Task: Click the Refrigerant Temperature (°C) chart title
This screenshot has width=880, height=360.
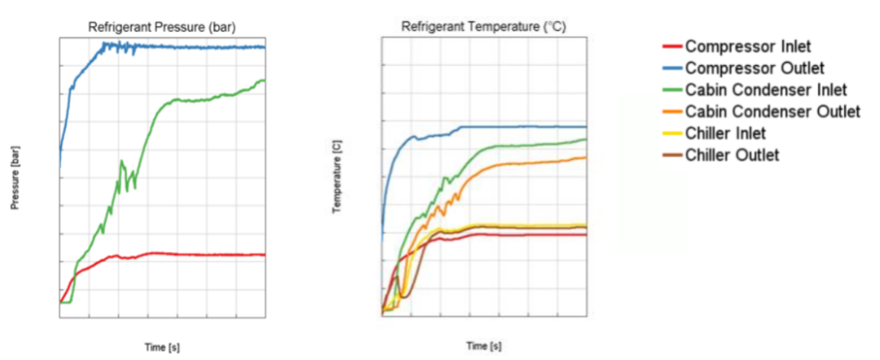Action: click(x=483, y=27)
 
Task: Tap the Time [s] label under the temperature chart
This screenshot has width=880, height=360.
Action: click(x=483, y=346)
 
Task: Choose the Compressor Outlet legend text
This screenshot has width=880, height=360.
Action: click(x=755, y=67)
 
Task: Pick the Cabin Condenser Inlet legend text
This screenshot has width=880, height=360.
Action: click(x=766, y=89)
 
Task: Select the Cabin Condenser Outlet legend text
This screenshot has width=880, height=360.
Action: click(x=772, y=111)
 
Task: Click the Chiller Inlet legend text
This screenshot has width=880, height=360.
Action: click(x=725, y=133)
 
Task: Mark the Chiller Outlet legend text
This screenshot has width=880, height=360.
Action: click(x=731, y=155)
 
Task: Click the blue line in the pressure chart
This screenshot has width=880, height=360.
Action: click(x=204, y=47)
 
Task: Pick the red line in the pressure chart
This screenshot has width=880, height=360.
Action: click(x=204, y=255)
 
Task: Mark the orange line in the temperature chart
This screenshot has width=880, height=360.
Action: click(x=530, y=163)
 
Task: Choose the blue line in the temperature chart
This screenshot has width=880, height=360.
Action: click(x=530, y=126)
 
